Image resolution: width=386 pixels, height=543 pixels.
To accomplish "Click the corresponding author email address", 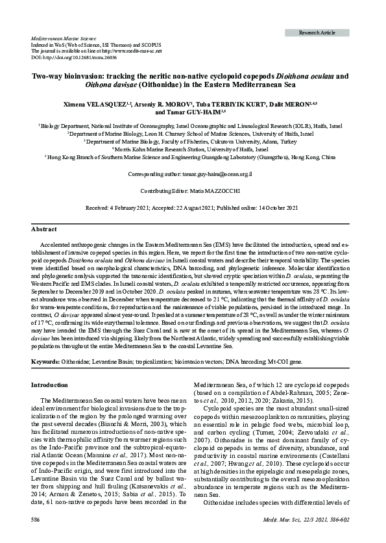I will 220,175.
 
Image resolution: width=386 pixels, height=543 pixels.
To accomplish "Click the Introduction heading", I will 54,385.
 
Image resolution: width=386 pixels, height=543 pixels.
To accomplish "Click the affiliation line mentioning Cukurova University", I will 193,140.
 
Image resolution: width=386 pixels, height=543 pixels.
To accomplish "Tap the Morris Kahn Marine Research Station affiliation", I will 193,149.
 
